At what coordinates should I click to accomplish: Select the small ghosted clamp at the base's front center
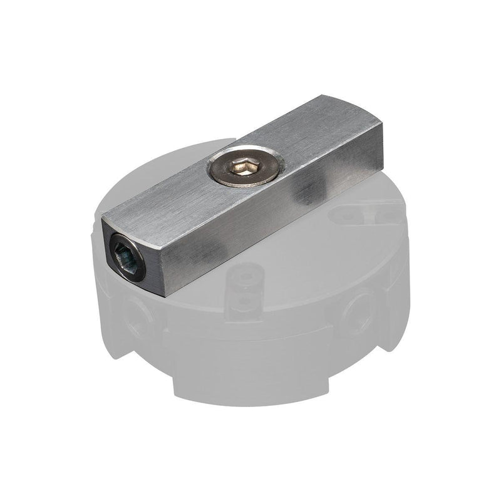coord(244,291)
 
